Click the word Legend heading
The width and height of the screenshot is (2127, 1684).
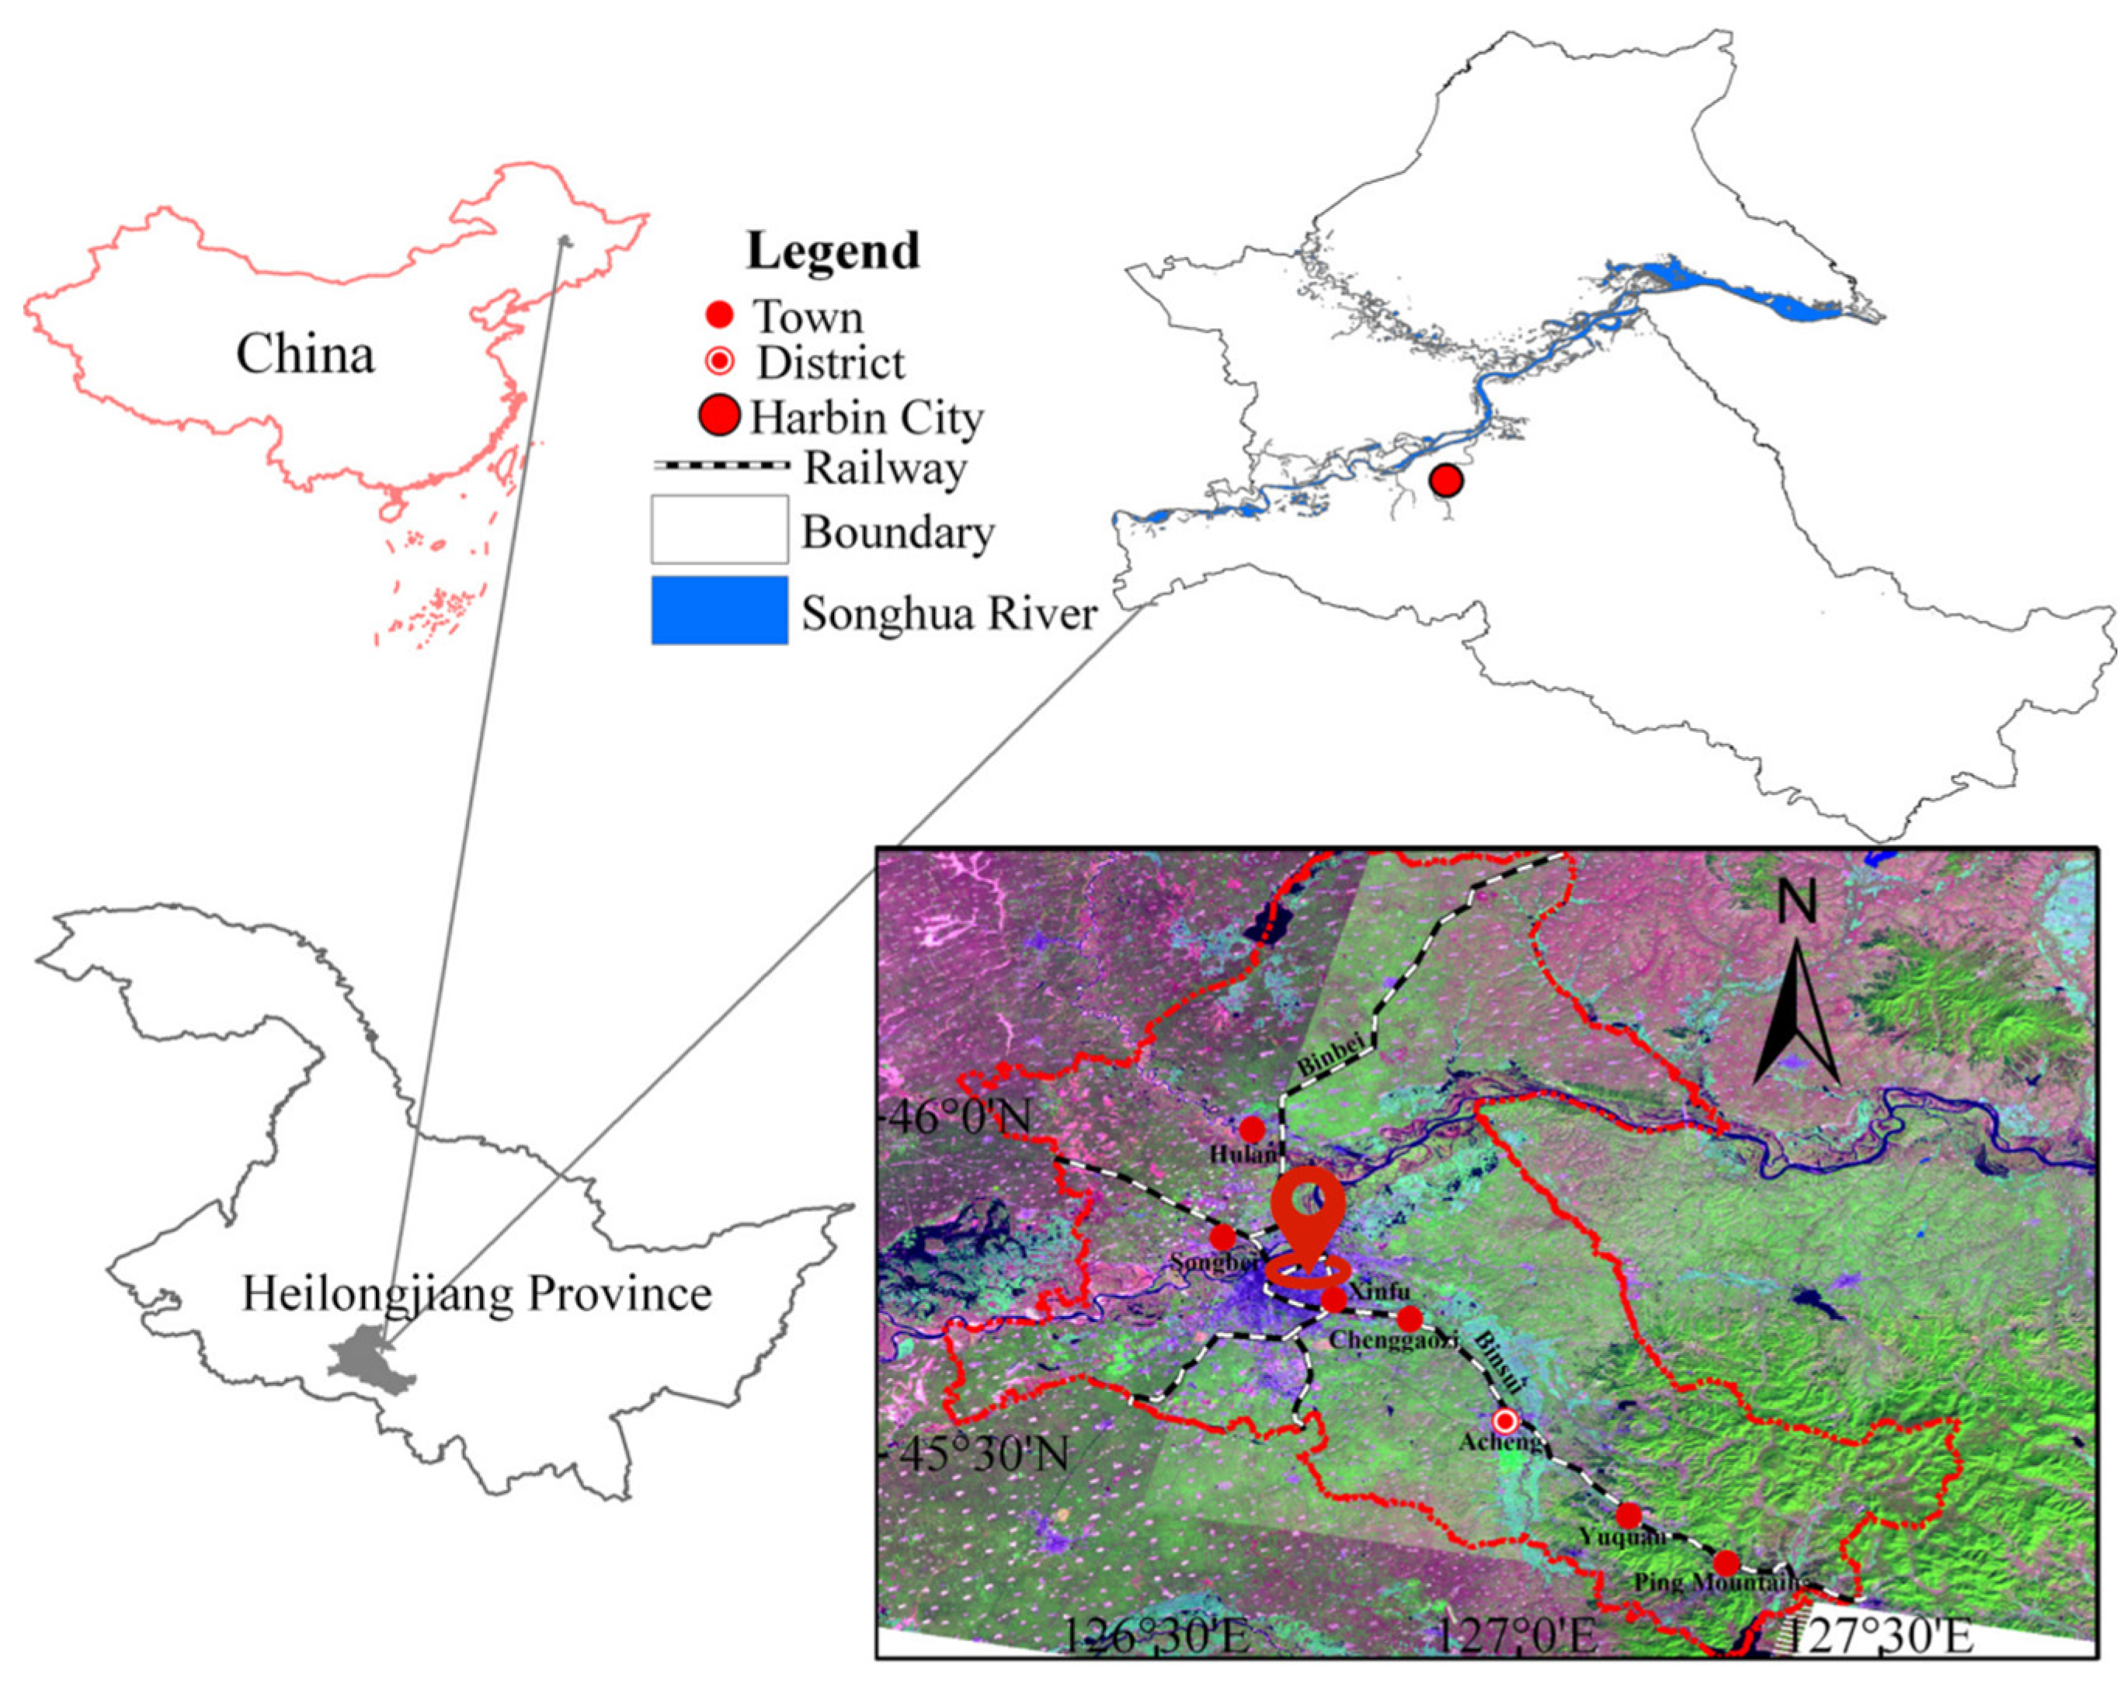click(x=833, y=251)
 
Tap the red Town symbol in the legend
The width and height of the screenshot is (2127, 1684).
click(x=720, y=315)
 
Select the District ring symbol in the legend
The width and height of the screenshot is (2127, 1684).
click(x=721, y=362)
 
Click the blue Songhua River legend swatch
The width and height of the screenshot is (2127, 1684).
click(x=719, y=610)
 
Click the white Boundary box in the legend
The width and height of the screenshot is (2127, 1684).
click(x=719, y=529)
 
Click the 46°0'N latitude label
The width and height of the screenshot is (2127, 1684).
click(x=958, y=1118)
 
